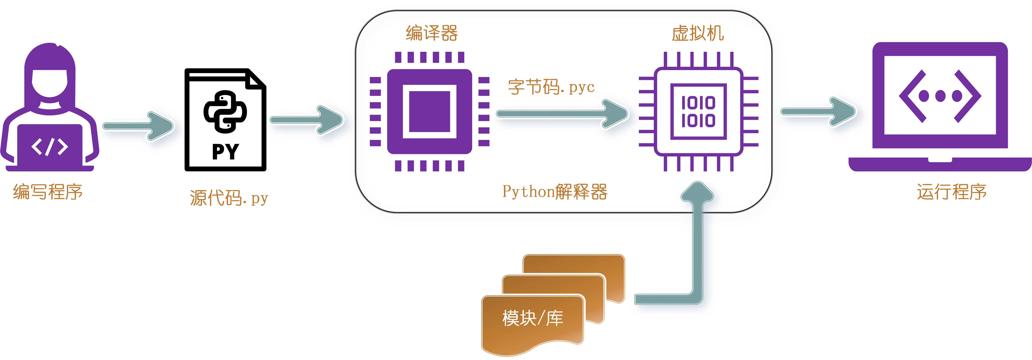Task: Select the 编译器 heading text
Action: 431,33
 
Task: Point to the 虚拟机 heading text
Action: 697,33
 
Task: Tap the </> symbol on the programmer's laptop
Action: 50,147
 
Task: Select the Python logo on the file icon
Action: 225,112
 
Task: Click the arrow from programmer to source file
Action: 138,126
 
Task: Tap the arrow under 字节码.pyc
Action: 561,114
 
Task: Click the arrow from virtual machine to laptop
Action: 817,111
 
